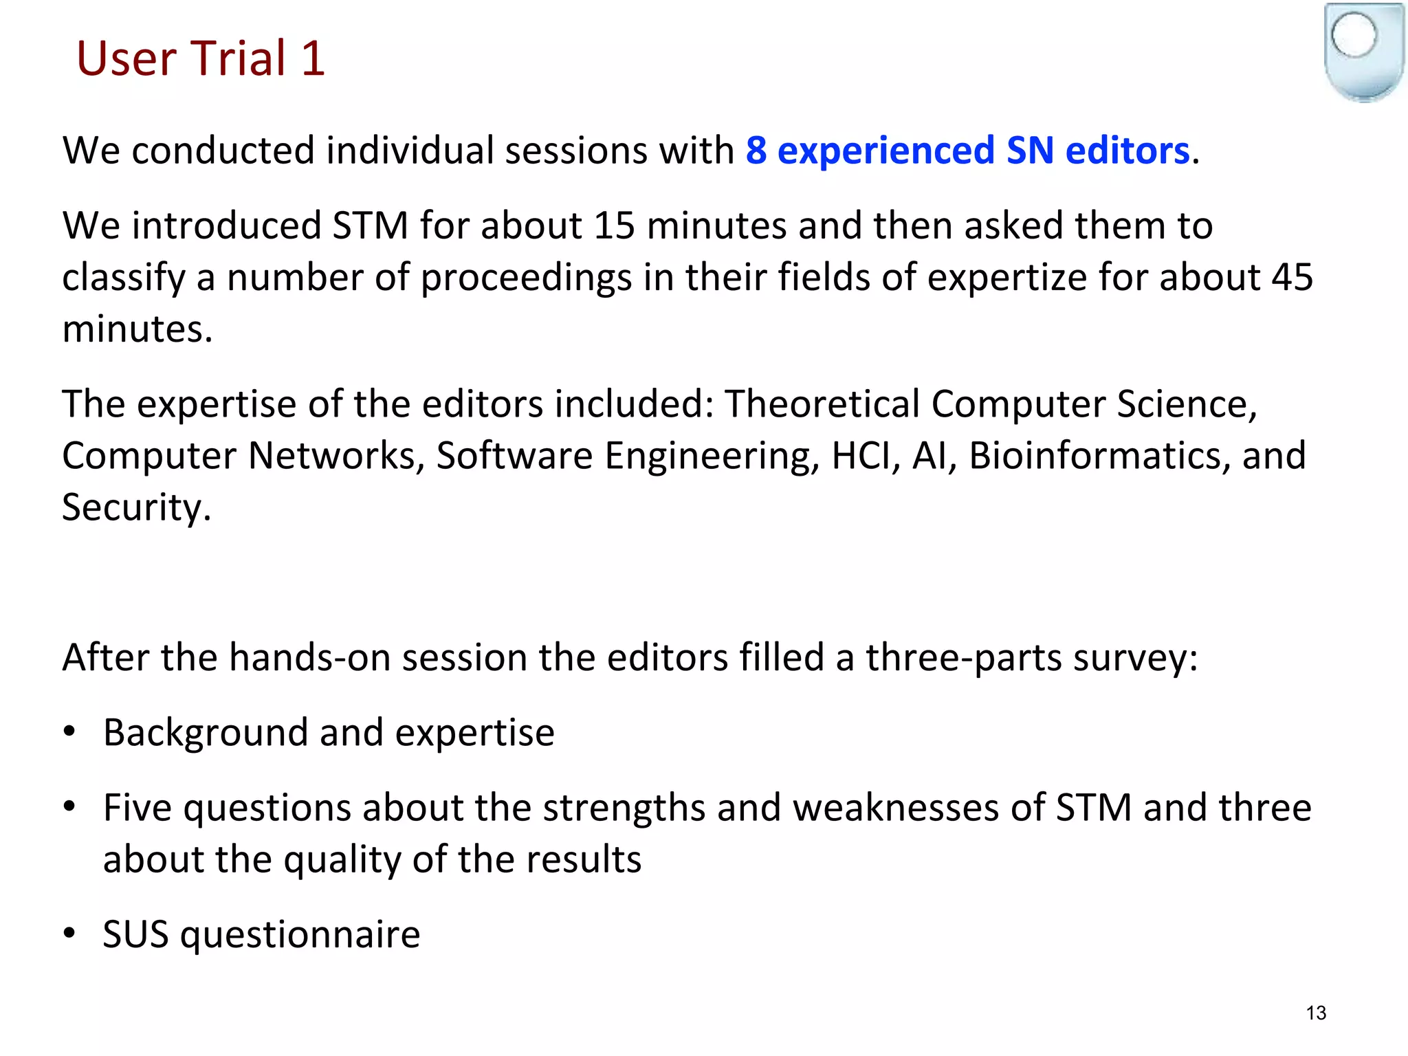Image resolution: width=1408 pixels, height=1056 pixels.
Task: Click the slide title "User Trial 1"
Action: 200,58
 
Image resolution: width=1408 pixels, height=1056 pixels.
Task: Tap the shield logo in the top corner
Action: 1363,52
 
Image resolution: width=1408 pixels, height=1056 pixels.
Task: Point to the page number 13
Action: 1316,1013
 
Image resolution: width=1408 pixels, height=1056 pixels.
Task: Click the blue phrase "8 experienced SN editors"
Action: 967,151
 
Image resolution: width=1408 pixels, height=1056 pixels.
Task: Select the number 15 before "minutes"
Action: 614,225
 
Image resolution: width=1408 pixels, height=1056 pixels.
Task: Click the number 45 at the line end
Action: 1292,277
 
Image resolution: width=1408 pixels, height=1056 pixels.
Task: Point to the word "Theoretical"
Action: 822,404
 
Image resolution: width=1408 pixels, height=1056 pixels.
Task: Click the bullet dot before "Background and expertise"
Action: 69,731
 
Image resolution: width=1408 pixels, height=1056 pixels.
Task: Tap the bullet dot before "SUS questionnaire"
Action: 69,933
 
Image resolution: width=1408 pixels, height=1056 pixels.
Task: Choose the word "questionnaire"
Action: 300,935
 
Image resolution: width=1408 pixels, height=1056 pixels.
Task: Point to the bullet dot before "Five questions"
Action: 69,806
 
